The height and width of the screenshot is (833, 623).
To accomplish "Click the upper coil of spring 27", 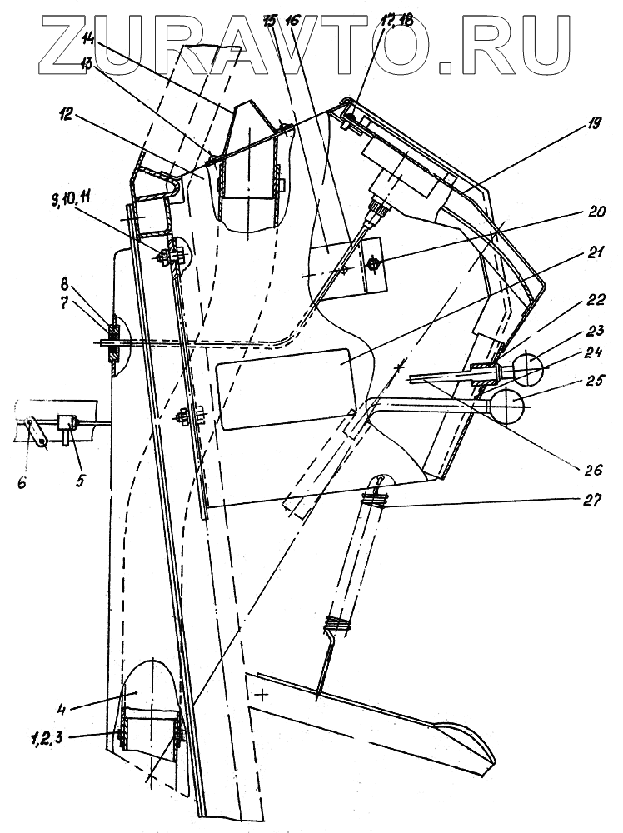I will point(376,500).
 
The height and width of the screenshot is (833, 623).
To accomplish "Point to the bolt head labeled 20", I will point(374,264).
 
